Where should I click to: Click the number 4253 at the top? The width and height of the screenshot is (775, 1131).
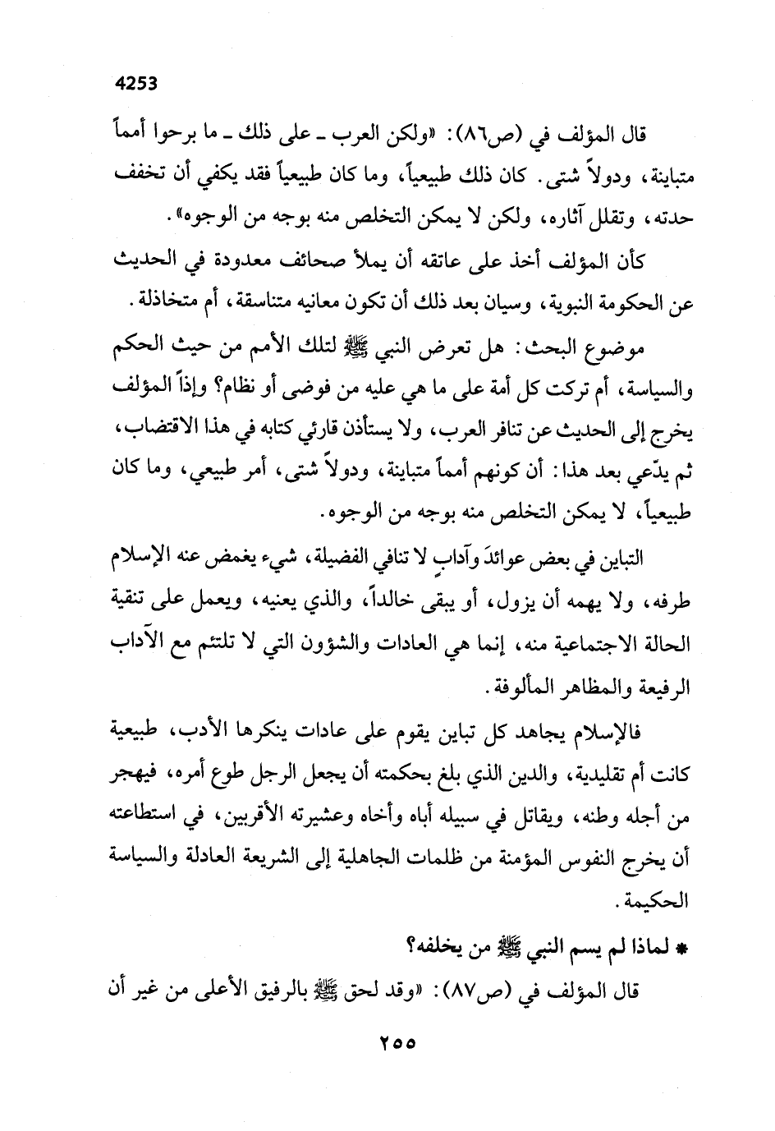[136, 82]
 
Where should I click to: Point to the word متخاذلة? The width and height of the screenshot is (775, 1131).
[164, 303]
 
